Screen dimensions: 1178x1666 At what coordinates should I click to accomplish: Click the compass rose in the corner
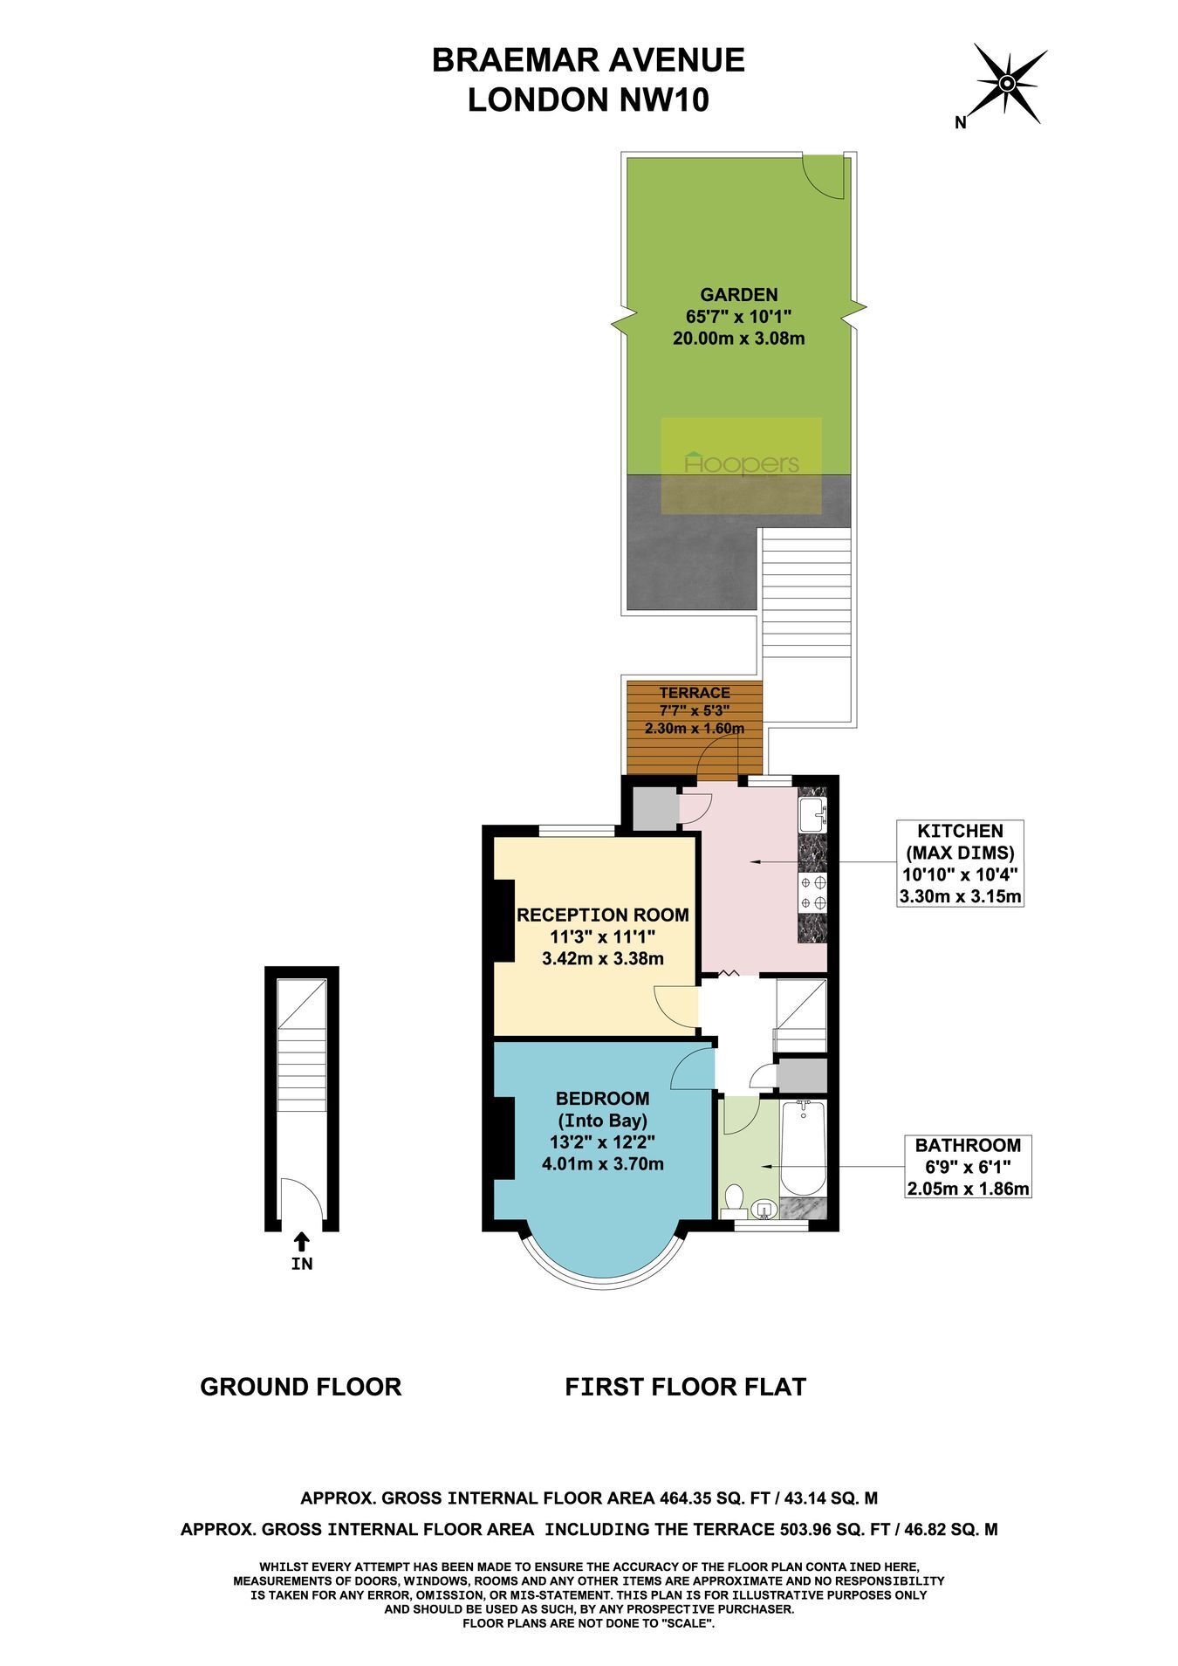(1005, 84)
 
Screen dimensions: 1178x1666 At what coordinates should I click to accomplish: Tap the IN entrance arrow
(301, 1239)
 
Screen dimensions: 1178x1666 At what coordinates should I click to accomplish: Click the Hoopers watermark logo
(742, 463)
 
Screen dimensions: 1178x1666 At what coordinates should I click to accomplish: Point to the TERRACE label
(695, 692)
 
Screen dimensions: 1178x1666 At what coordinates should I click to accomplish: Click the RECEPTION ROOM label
(603, 915)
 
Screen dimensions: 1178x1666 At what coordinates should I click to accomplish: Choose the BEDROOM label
(603, 1098)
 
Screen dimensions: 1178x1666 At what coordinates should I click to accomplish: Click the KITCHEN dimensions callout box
(960, 863)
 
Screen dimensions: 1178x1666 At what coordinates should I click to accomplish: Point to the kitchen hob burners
(812, 891)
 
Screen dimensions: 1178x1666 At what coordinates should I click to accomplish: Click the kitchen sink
(812, 815)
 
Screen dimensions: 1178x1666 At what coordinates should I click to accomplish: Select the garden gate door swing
(824, 175)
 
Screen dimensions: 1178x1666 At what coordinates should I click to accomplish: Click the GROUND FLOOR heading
(301, 1387)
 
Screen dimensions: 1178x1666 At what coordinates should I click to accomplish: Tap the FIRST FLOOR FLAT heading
(686, 1387)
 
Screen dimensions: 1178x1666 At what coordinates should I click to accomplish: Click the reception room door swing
(675, 1006)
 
